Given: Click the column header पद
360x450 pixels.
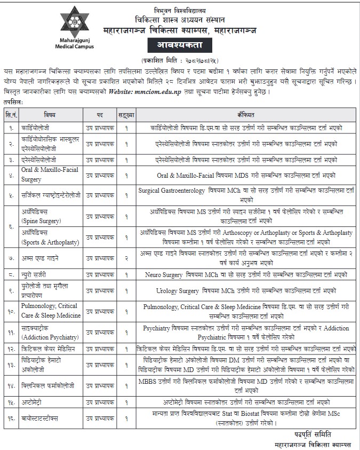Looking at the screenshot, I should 100,115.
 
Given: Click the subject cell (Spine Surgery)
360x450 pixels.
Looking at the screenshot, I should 42,220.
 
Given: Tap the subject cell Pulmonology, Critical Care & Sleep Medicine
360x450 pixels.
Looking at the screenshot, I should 49,311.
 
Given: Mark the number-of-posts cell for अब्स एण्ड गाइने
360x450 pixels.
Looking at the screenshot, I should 126,258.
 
